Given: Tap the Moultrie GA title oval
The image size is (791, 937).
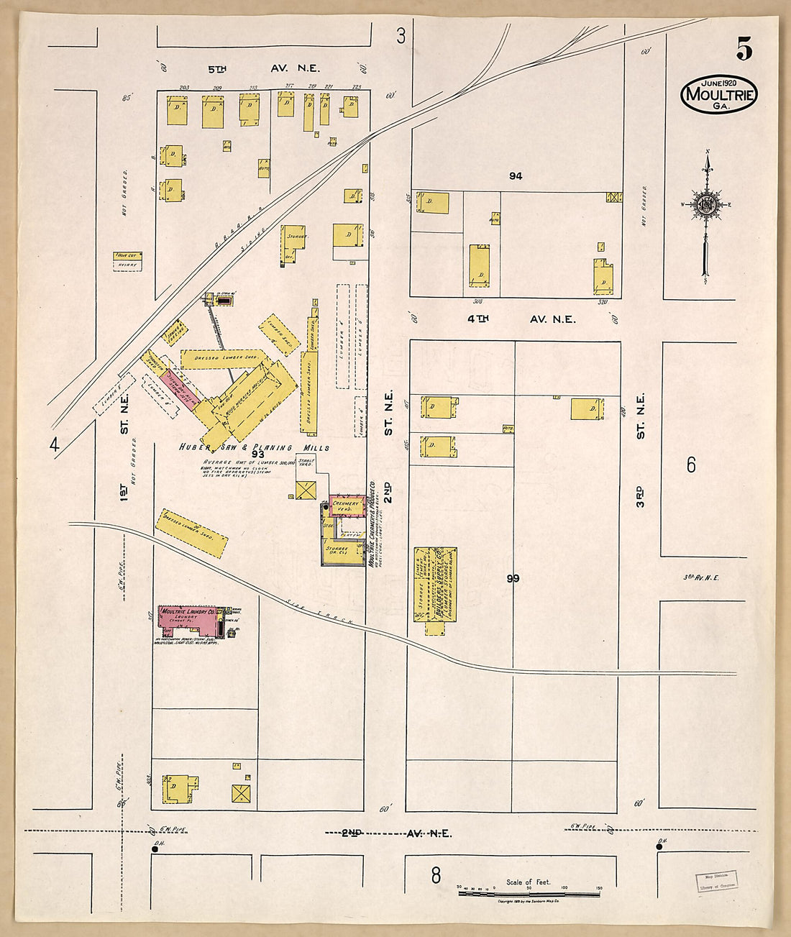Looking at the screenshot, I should point(719,93).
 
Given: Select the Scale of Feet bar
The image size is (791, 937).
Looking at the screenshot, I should point(529,892).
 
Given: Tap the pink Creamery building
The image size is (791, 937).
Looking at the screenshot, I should point(345,506).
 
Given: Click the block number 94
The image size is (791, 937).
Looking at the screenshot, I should point(515,176).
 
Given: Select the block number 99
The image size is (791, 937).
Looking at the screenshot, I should point(512,578).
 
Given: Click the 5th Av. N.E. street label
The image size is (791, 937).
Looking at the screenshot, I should point(263,69).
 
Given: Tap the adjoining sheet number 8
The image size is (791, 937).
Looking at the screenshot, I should point(435,875).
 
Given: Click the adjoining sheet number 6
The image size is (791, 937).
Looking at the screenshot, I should point(690,465).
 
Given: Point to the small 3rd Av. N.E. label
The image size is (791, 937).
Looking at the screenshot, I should point(701,577).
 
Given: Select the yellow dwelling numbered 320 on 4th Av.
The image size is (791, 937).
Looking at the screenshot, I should point(603,277).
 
